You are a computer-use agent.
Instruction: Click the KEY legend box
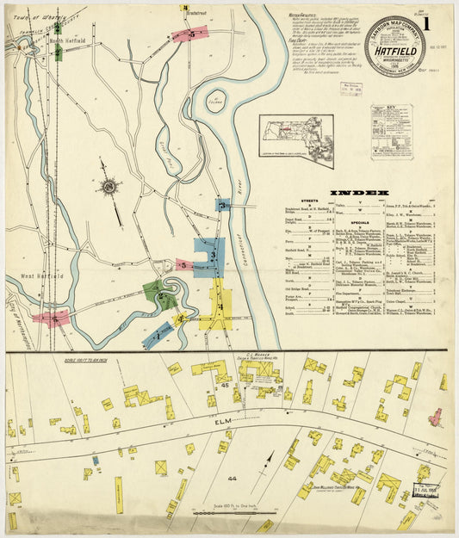[392, 132]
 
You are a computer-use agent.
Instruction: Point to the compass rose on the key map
[110, 185]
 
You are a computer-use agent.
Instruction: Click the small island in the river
[215, 102]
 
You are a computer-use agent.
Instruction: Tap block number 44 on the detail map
[207, 478]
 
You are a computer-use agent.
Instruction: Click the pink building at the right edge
[436, 418]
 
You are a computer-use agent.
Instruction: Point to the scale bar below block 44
[209, 513]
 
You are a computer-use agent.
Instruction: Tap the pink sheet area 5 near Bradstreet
[189, 34]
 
